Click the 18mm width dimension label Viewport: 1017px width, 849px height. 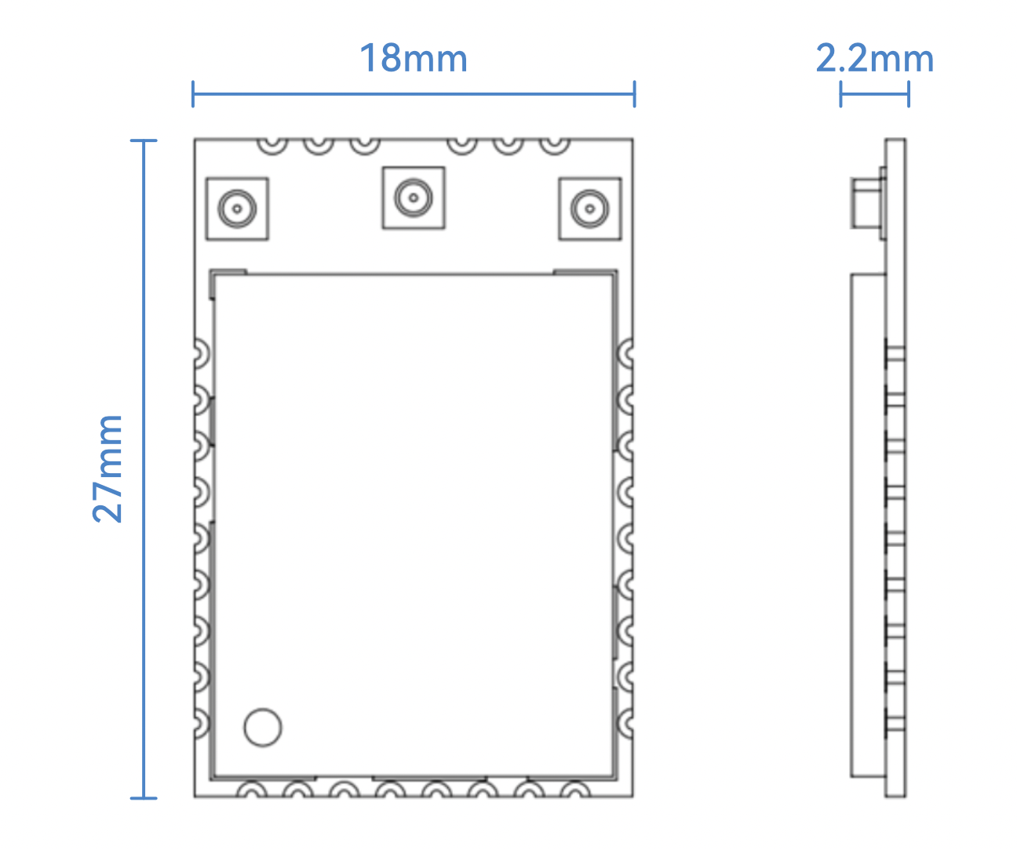(x=413, y=58)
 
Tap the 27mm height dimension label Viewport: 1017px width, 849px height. (x=108, y=469)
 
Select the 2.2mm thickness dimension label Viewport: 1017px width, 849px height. (x=874, y=58)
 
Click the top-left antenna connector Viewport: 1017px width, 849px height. (x=237, y=209)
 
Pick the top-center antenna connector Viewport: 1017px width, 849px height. (x=414, y=198)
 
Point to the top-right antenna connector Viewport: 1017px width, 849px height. (x=590, y=209)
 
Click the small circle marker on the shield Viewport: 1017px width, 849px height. (x=263, y=727)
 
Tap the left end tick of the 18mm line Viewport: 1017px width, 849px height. (x=193, y=94)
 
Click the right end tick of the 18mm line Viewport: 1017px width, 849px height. (x=634, y=94)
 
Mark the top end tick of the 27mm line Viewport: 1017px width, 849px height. (x=144, y=140)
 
